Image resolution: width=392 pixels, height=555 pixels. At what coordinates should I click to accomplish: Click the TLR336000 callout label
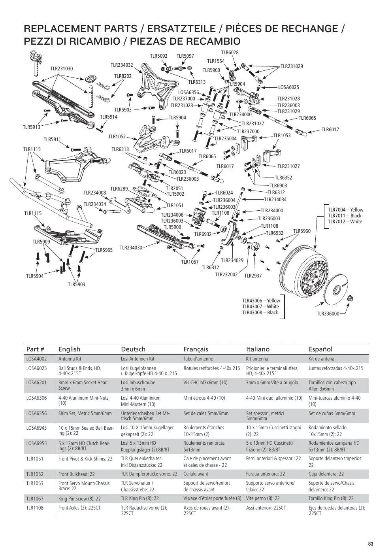click(x=328, y=314)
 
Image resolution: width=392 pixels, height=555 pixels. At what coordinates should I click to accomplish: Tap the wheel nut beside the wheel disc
click(x=351, y=298)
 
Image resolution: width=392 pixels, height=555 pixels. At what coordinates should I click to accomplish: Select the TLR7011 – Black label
click(x=345, y=215)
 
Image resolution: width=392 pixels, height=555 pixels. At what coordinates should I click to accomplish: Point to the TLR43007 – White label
click(x=260, y=306)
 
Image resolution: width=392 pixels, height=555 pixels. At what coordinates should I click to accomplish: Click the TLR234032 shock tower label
click(x=122, y=65)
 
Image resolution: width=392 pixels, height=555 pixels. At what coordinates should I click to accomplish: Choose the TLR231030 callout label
click(x=62, y=69)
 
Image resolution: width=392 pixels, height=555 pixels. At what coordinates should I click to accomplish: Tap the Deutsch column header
click(x=133, y=349)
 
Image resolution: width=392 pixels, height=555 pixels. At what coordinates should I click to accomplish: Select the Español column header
click(x=320, y=349)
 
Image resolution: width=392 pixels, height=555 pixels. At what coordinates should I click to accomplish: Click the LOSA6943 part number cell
click(x=36, y=428)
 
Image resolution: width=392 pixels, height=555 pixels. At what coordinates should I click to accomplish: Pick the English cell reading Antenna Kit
click(x=70, y=359)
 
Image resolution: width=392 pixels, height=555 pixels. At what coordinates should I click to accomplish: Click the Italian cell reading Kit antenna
click(x=257, y=359)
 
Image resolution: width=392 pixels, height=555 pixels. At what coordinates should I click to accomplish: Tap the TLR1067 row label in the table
click(x=35, y=498)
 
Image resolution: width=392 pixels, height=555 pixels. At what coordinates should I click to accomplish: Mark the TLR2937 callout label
click(x=253, y=276)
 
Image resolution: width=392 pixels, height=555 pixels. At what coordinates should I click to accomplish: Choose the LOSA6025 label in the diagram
click(x=288, y=87)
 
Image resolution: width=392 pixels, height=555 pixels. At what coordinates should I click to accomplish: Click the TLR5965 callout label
click(x=104, y=250)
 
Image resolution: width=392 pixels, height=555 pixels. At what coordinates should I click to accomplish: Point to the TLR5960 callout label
click(x=302, y=231)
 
